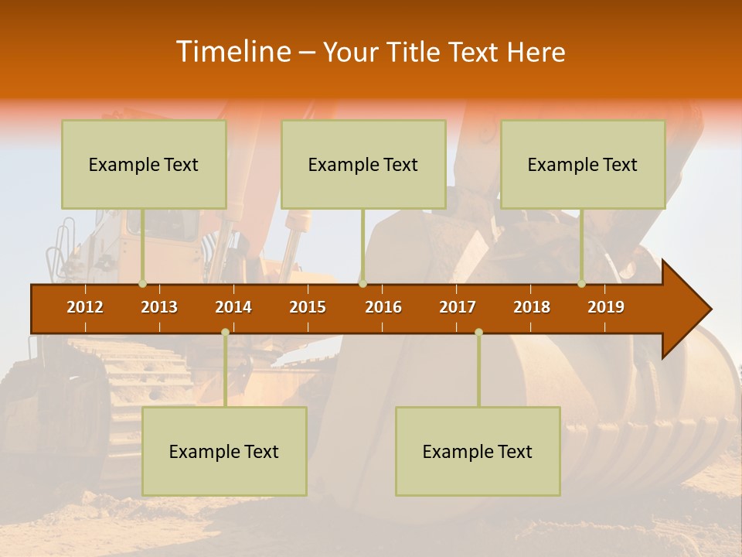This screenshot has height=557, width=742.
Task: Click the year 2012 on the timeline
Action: pos(85,307)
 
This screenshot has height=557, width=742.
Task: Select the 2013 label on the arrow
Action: pos(159,307)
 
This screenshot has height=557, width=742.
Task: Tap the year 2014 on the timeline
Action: pos(233,307)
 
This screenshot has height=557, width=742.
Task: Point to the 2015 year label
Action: pos(308,307)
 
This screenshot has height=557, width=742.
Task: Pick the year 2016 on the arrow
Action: pos(383,307)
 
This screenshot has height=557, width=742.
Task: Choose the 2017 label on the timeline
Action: pos(458,307)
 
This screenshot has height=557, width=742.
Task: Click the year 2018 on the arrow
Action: pos(532,307)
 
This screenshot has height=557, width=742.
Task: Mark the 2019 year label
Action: pos(606,307)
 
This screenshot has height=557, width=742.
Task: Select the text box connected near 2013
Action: pos(144,164)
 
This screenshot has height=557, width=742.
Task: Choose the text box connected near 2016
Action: pos(363,164)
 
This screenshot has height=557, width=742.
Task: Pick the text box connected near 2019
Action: pos(583,164)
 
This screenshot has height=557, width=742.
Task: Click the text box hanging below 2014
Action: pos(224,451)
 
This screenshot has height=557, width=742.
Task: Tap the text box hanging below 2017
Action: pos(478,451)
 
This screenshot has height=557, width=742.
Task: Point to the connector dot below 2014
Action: pos(225,332)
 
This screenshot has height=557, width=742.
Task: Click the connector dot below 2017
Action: pos(478,332)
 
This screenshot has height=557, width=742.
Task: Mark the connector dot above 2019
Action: pos(582,284)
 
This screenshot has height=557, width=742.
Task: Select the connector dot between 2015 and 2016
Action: pos(362,284)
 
